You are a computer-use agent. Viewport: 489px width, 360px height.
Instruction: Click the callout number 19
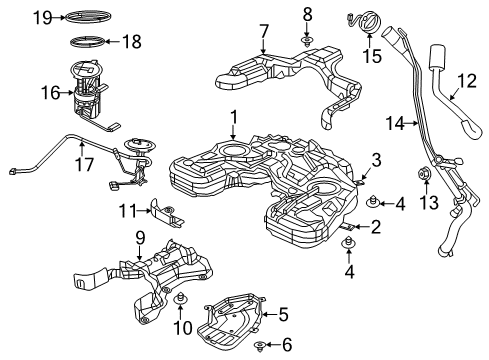tap(40, 16)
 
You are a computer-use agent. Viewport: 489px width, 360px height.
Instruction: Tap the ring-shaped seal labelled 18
tap(89, 42)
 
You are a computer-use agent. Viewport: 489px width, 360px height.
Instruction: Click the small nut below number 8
tap(308, 41)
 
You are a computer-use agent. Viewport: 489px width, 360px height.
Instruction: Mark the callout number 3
tap(376, 159)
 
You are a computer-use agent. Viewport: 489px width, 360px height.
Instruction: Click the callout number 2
tap(376, 228)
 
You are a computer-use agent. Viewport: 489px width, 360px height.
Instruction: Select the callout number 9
tap(139, 237)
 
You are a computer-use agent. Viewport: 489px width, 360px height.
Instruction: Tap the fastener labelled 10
tap(181, 301)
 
